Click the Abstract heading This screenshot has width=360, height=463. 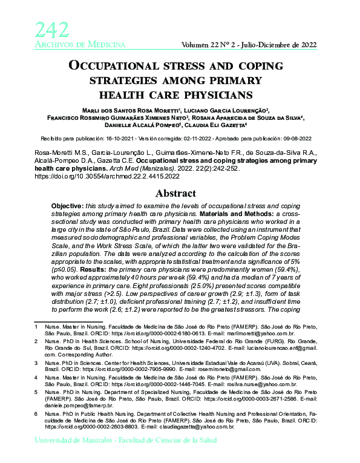[x=180, y=194]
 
